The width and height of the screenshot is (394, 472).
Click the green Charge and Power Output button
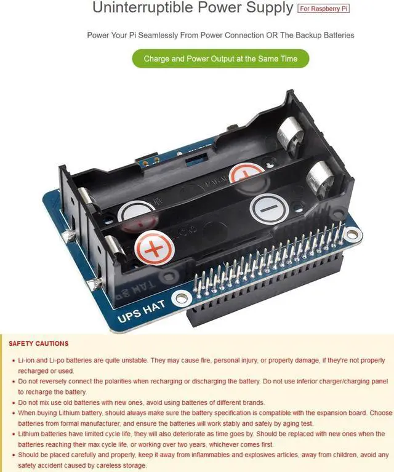pyautogui.click(x=220, y=59)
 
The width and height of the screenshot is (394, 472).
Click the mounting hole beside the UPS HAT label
pyautogui.click(x=181, y=299)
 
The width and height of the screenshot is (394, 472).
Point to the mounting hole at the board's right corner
pyautogui.click(x=352, y=234)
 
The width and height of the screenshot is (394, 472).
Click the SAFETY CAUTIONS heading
pyautogui.click(x=39, y=343)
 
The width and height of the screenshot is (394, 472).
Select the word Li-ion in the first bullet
pyautogui.click(x=26, y=359)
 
